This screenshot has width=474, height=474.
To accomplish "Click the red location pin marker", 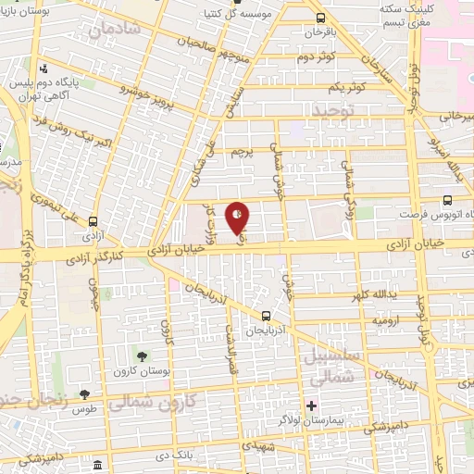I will point(238,218).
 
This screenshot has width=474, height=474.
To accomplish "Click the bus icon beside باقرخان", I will point(320,18).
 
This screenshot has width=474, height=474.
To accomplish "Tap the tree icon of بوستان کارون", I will point(142,355).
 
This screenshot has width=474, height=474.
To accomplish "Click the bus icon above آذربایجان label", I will point(267,315).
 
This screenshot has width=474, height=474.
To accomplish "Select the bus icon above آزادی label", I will point(93,221).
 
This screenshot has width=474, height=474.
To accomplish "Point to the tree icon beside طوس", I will point(85,394).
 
